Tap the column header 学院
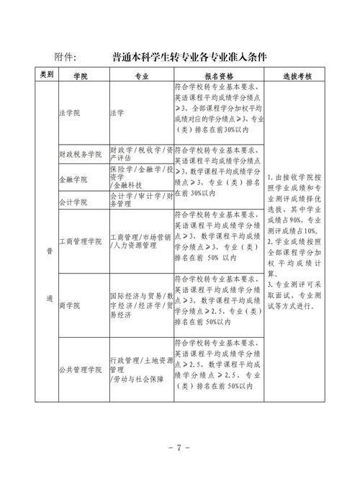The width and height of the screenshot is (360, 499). pos(81,75)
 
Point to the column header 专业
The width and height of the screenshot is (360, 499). pos(140,75)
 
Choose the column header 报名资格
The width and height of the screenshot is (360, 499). pos(217,75)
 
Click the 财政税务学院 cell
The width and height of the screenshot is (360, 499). pos(81,154)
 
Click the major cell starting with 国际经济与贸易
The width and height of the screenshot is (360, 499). pos(140,305)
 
